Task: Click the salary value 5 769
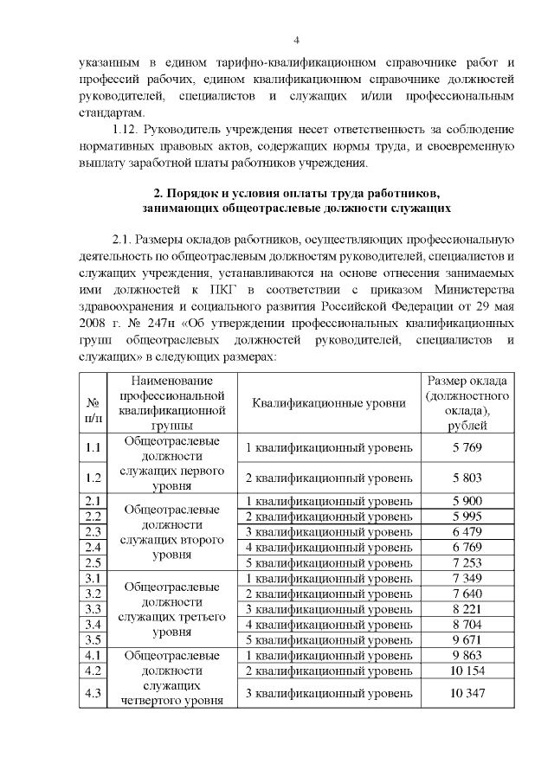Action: pos(467,447)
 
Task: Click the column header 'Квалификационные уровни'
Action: pos(329,402)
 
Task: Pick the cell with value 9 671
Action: pos(467,640)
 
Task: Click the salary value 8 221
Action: pos(467,609)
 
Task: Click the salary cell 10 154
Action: pos(467,671)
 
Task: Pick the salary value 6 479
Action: pos(467,531)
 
